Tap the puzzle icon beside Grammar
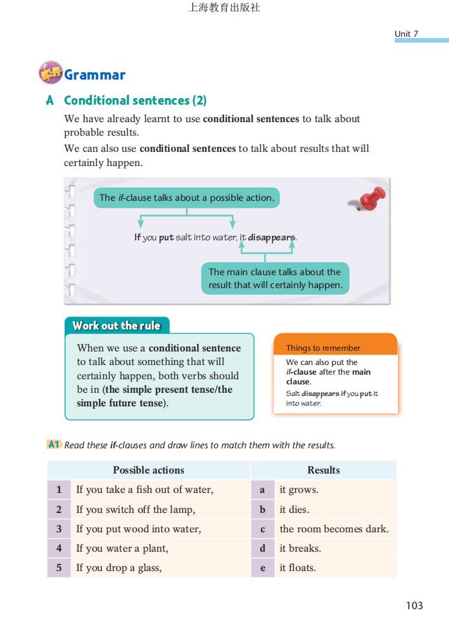point(50,74)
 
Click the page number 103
point(414,605)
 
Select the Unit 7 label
point(406,34)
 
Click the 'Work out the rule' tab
point(116,326)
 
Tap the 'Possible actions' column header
point(149,470)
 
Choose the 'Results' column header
point(323,470)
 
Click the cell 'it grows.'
point(298,490)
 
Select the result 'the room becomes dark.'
point(334,529)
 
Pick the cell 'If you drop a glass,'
point(119,568)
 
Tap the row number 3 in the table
point(59,529)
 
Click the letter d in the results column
point(262,548)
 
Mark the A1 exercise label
point(54,444)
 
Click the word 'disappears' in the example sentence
point(272,237)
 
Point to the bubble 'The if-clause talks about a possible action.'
point(187,198)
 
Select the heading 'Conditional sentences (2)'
point(135,100)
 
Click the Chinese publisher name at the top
point(224,8)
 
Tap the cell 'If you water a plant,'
point(122,548)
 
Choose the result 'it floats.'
point(297,568)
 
